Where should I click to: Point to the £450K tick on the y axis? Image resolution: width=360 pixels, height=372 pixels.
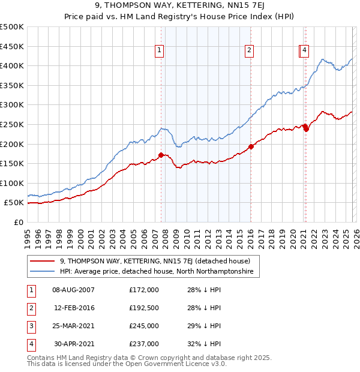[12, 46]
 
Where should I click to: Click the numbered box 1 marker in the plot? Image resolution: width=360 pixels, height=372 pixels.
[160, 50]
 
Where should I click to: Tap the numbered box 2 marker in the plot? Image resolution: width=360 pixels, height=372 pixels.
[249, 50]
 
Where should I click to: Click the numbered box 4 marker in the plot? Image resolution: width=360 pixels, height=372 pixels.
[305, 50]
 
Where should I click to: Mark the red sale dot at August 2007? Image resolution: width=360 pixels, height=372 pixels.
[161, 155]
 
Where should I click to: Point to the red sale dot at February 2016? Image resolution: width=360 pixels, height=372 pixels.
[251, 146]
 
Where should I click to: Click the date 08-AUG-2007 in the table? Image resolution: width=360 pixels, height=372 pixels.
[73, 290]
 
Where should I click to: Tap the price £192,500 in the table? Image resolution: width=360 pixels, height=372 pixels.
[144, 308]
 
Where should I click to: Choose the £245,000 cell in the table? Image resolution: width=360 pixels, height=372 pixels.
[144, 326]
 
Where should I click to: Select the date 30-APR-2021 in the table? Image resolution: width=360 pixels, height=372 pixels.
[73, 344]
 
